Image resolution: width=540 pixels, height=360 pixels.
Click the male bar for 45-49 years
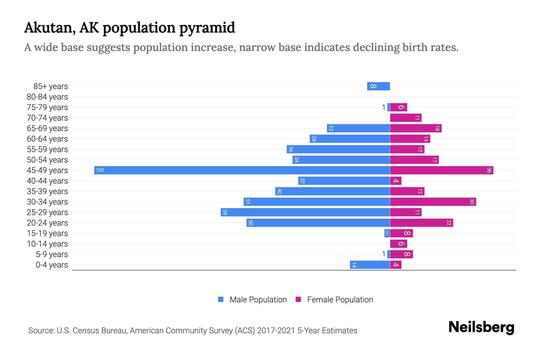242,170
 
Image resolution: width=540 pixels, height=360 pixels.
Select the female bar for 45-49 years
442,170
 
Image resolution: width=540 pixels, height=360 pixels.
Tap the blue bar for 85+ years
378,86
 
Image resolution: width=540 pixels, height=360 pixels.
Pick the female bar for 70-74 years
406,118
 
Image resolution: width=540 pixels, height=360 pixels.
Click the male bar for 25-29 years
305,212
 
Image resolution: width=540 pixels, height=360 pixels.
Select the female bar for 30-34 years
433,202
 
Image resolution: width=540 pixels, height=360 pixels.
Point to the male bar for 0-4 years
370,265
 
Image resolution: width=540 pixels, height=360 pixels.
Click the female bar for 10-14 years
398,244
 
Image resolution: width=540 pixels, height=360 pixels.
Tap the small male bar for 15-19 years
387,233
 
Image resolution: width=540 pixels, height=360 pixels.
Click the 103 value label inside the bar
100,170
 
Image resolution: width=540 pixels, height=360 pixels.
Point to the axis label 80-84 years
47,97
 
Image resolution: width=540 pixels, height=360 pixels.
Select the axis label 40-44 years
47,181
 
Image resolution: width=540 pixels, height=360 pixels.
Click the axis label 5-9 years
52,254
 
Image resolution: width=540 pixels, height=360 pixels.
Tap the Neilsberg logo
481,327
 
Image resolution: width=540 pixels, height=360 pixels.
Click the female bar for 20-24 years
421,223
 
